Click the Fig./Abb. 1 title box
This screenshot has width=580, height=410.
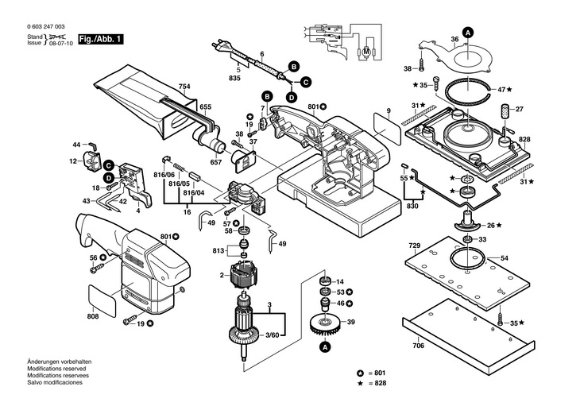[x=100, y=40]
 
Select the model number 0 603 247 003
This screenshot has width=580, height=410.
[x=46, y=27]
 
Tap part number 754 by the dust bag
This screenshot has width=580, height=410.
[x=184, y=87]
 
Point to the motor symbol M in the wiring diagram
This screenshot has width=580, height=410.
[x=366, y=52]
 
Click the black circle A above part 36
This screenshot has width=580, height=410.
[x=468, y=33]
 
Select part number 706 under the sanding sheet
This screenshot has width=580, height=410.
[x=419, y=346]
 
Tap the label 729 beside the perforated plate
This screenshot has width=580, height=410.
[x=415, y=246]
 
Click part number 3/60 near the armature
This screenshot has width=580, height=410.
[x=273, y=335]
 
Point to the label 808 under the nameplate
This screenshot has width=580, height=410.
[x=93, y=316]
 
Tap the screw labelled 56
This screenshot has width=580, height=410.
[x=96, y=269]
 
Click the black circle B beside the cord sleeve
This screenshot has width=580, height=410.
[x=294, y=67]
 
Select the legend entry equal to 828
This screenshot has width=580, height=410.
[x=372, y=383]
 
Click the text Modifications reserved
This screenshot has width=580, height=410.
[x=56, y=369]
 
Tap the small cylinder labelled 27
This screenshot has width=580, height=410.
[x=504, y=110]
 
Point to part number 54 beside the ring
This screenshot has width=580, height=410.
[x=505, y=258]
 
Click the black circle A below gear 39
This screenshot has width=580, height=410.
[x=326, y=347]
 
